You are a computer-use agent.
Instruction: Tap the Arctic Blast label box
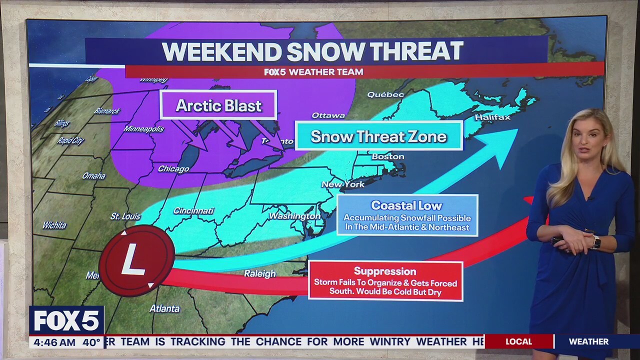point(218,105)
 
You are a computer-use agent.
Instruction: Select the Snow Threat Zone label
point(378,136)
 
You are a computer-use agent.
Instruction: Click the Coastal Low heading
point(406,205)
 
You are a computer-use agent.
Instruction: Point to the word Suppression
point(385,271)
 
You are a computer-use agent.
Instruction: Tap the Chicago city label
point(173,169)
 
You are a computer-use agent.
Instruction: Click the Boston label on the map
point(388,156)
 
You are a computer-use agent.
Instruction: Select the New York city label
point(343,184)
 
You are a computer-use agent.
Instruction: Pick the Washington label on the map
point(294,216)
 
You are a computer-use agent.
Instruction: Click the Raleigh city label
point(260,273)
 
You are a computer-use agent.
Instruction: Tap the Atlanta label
point(164,308)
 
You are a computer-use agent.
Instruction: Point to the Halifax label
point(492,117)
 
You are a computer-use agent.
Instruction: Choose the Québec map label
point(385,94)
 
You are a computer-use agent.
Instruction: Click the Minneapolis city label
point(144,129)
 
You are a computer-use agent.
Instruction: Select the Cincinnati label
point(193,211)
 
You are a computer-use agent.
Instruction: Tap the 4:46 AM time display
point(52,342)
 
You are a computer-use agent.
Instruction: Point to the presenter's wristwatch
point(595,242)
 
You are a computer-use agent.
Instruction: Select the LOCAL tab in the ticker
point(518,341)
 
